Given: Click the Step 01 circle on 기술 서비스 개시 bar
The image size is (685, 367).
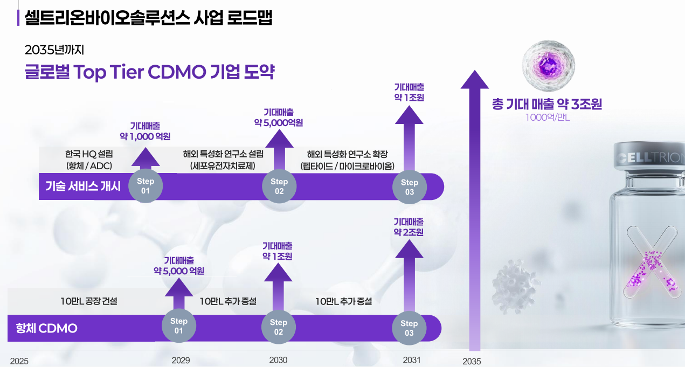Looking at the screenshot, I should [146, 186].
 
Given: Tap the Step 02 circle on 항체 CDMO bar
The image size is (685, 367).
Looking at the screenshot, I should [279, 327].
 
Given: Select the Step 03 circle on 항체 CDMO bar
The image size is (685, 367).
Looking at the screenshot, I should [409, 328].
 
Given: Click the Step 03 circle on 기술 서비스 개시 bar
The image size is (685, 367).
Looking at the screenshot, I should [410, 187].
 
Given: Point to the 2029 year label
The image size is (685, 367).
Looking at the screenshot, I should [181, 361].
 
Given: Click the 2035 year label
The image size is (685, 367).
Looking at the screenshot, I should [472, 362].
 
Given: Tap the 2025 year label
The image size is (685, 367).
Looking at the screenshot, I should [19, 361].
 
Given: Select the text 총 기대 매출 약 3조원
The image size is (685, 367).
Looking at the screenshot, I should [547, 104].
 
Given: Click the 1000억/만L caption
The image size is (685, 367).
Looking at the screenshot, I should [548, 117].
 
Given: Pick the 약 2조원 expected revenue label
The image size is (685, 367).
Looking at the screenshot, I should [409, 232].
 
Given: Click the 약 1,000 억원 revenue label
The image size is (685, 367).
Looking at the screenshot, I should [146, 136].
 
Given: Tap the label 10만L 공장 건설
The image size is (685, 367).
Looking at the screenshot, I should [89, 301].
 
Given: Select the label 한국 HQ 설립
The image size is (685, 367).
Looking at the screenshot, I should [89, 154].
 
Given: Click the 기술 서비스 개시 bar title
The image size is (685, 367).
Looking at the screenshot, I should [83, 186].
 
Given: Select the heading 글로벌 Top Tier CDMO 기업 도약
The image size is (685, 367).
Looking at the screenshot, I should [150, 72].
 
